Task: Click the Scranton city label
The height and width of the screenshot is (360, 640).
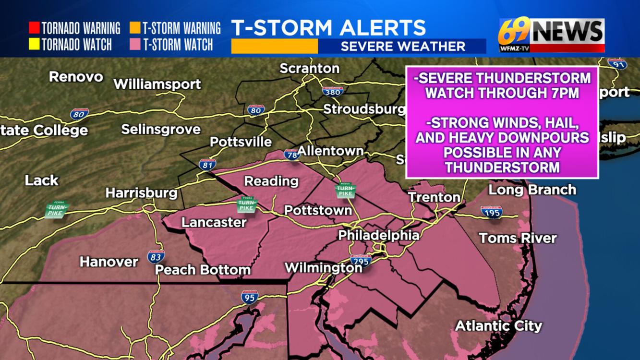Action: click(309, 69)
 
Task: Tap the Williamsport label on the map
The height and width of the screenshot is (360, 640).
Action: click(157, 84)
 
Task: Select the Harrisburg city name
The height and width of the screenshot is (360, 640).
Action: click(141, 193)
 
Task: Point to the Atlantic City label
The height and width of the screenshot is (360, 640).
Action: click(498, 326)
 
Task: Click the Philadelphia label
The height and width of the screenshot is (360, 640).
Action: click(378, 235)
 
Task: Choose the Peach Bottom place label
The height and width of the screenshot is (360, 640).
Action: click(203, 270)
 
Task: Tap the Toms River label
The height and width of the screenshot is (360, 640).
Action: click(518, 238)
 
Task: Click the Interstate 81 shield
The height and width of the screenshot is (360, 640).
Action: click(207, 164)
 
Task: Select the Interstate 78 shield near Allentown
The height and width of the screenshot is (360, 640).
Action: click(292, 154)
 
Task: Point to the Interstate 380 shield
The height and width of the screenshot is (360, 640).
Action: click(333, 91)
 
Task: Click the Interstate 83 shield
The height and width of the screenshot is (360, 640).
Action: click(156, 257)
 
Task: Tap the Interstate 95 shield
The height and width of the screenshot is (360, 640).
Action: click(250, 297)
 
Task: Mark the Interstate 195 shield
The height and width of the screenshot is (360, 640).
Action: click(492, 212)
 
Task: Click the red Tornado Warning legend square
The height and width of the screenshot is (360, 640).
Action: click(34, 28)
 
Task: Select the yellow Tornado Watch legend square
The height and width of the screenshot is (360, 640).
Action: click(34, 45)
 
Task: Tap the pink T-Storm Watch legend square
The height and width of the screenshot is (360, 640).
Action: click(135, 45)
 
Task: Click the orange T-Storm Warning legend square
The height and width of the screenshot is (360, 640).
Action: click(135, 28)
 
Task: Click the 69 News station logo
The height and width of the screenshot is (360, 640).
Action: click(551, 35)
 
